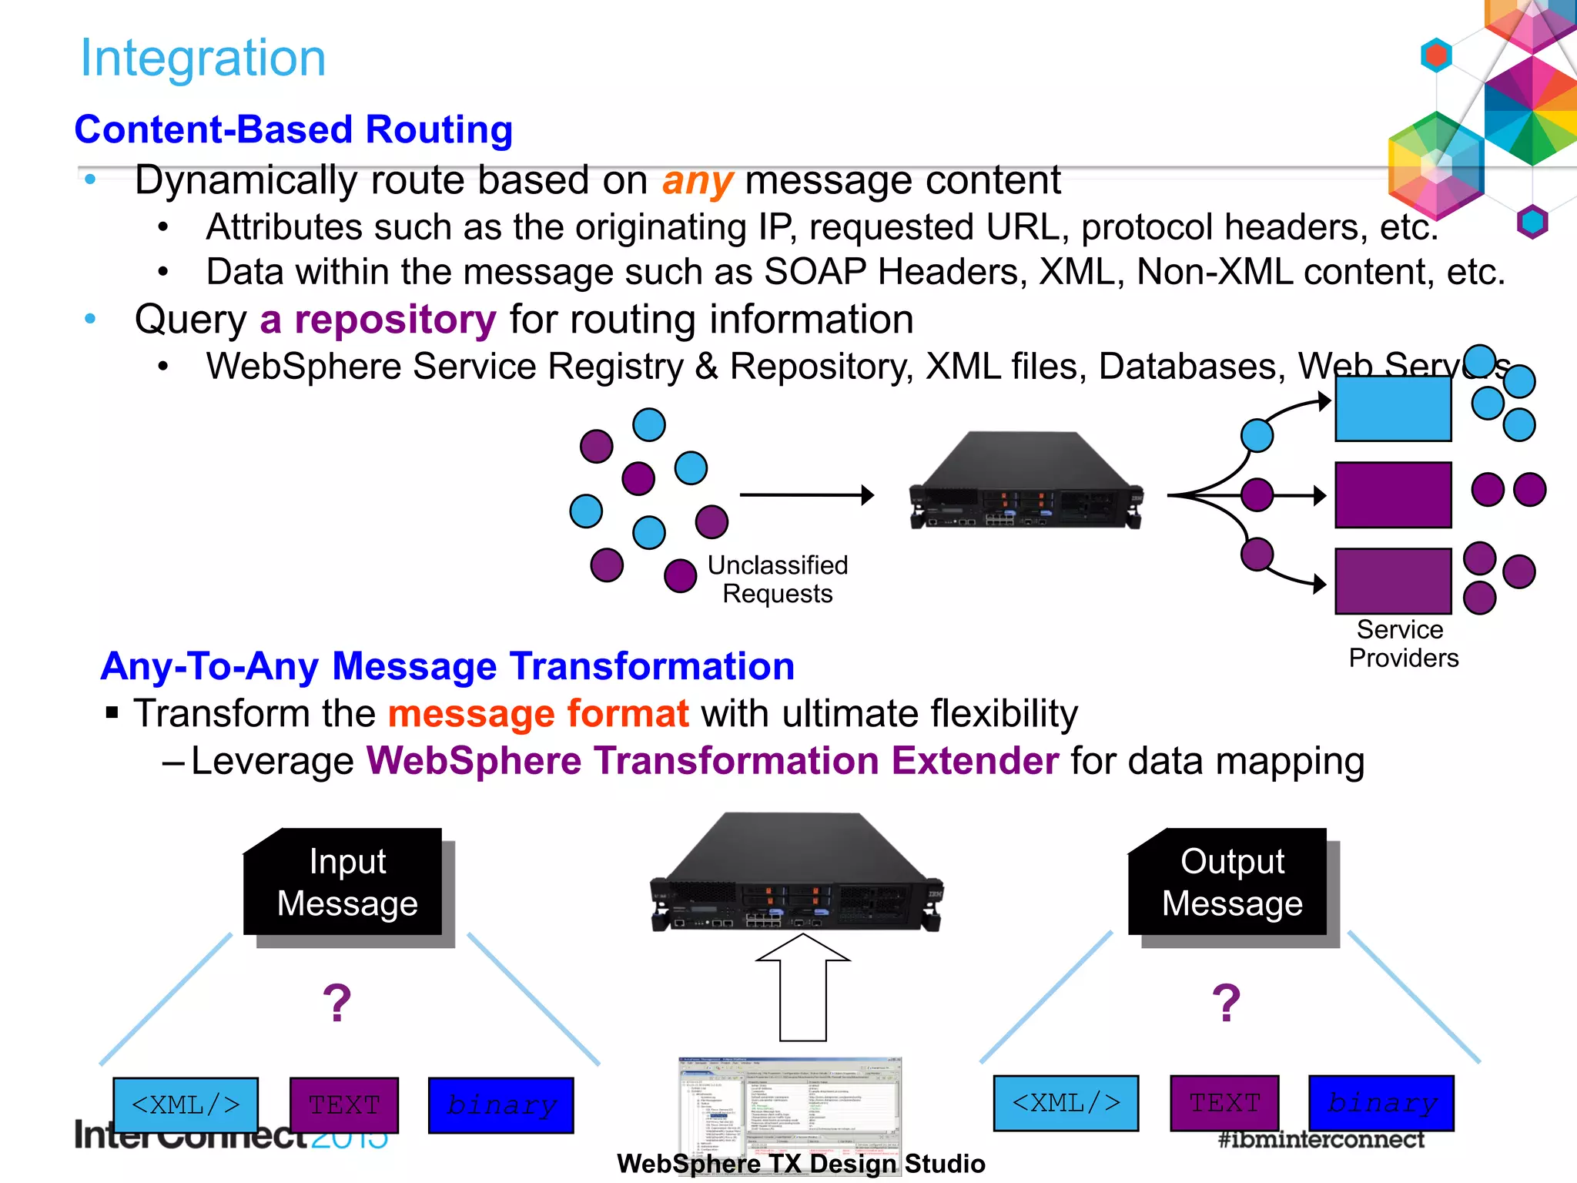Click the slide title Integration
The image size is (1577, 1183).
203,59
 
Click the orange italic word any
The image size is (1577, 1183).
697,182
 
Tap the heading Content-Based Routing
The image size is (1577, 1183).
293,129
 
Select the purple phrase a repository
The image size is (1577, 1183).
378,320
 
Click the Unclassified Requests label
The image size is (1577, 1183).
777,579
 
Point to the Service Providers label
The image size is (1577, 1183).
1402,644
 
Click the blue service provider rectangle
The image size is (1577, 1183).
1392,408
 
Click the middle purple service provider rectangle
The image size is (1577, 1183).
1392,495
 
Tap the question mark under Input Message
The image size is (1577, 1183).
336,1004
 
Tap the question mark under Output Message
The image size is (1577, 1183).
1226,1004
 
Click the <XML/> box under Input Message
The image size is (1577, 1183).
186,1105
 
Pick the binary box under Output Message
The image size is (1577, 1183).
1381,1103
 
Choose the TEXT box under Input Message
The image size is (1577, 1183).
344,1105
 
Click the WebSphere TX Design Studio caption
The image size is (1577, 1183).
801,1164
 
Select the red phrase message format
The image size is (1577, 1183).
538,713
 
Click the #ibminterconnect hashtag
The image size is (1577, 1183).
1321,1140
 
